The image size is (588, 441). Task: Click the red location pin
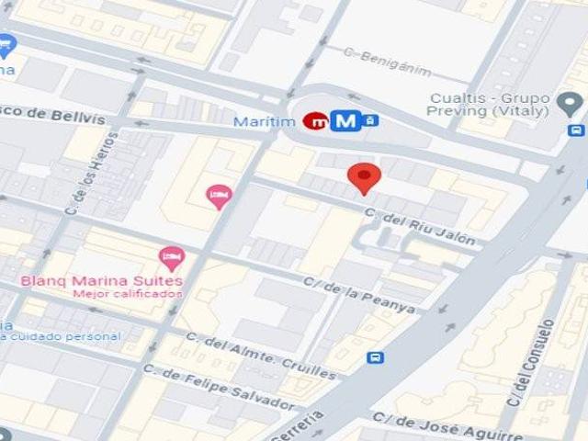pyautogui.click(x=365, y=177)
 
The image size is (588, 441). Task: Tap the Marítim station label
pyautogui.click(x=266, y=121)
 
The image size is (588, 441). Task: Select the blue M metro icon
pyautogui.click(x=345, y=120)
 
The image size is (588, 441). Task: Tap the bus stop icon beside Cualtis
pyautogui.click(x=575, y=130)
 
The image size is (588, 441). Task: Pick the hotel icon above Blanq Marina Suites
pyautogui.click(x=171, y=258)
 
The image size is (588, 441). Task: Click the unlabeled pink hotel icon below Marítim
pyautogui.click(x=218, y=195)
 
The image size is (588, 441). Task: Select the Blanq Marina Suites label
pyautogui.click(x=102, y=280)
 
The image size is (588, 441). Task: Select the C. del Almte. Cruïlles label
pyautogui.click(x=260, y=357)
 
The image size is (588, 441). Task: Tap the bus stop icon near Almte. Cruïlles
pyautogui.click(x=375, y=357)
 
